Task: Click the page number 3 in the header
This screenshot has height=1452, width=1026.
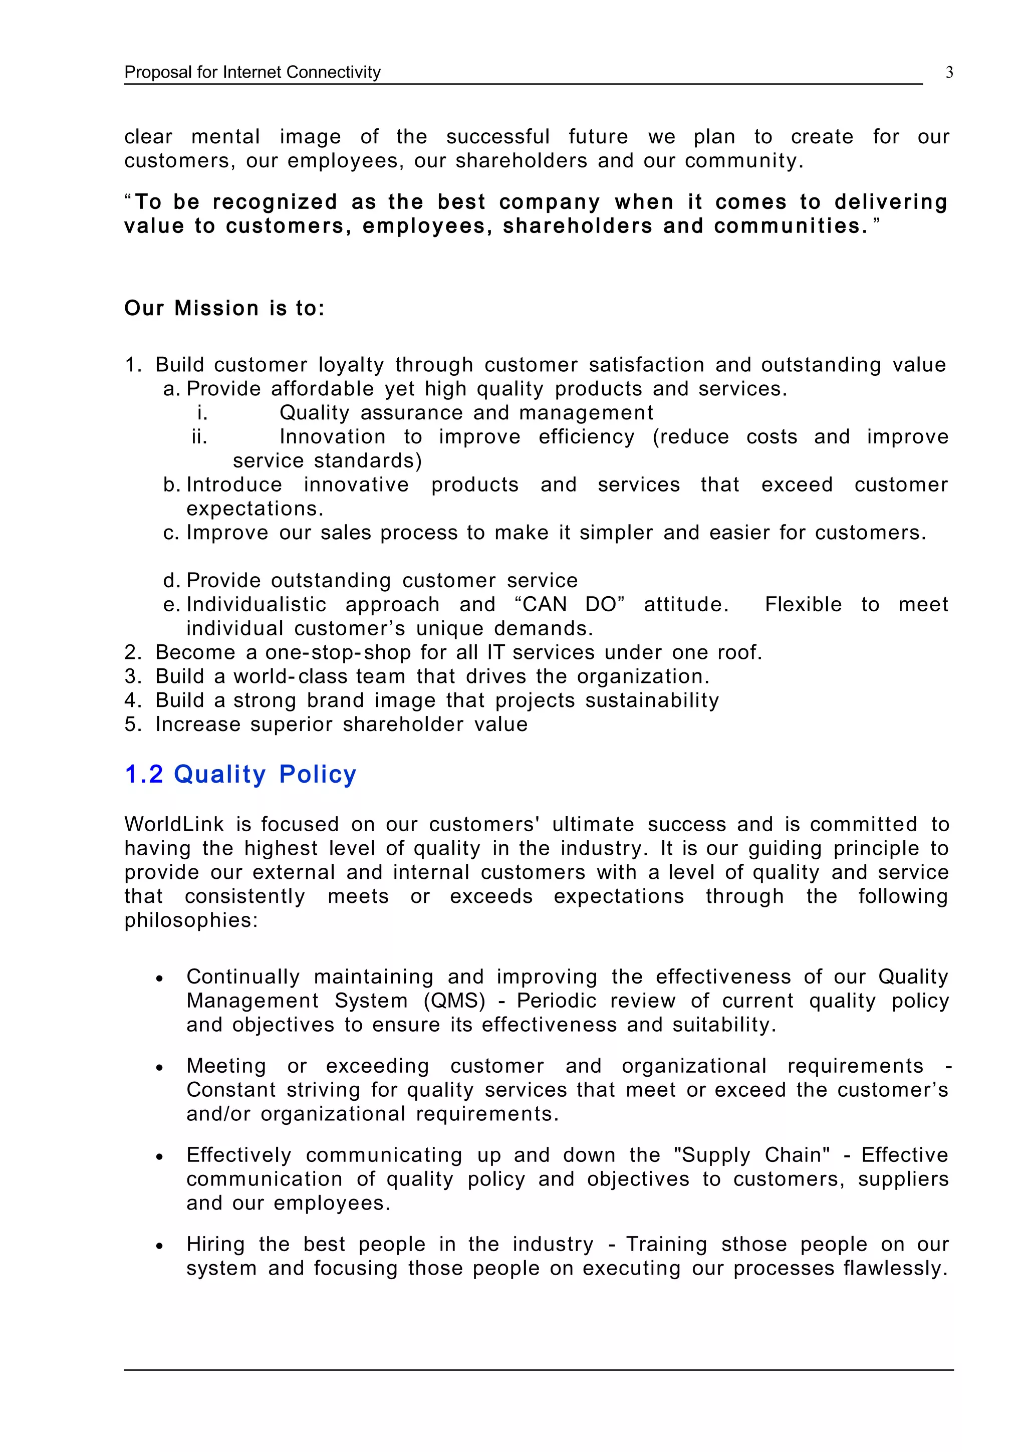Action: point(949,73)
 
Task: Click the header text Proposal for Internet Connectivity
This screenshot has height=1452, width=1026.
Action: point(252,73)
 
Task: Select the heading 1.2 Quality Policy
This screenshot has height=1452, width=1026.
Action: point(240,775)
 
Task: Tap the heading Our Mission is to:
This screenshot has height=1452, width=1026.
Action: point(224,309)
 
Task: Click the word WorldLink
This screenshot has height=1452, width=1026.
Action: point(174,825)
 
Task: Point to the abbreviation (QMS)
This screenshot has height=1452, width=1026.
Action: point(455,1001)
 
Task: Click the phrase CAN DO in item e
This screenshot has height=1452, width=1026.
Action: point(570,605)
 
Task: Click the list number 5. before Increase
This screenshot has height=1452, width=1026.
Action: point(133,724)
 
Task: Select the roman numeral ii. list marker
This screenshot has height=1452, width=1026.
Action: point(200,437)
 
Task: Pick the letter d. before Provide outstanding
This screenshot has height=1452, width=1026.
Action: point(172,581)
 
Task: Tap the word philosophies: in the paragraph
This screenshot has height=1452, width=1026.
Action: point(191,920)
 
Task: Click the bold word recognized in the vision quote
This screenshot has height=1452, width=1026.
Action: point(275,202)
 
